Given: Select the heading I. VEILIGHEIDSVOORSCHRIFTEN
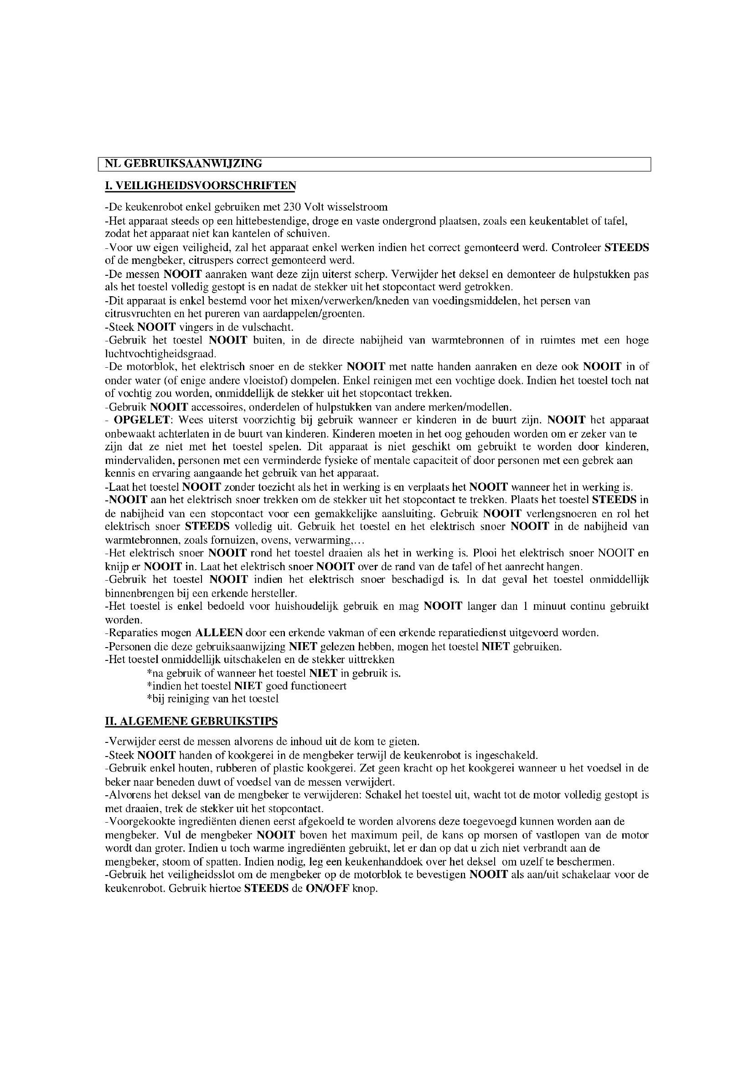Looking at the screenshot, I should point(200,185).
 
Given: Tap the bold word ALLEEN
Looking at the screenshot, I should point(219,633).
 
